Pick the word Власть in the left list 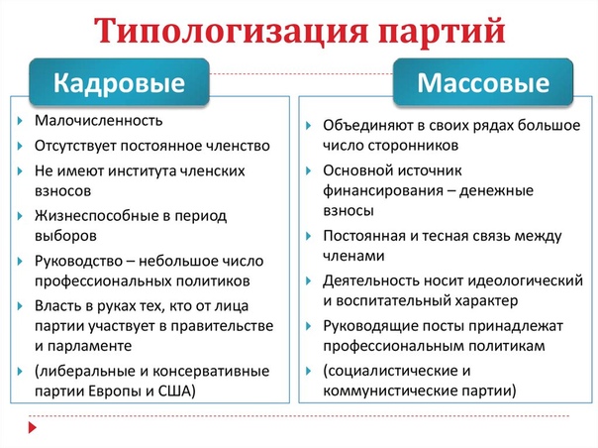56,308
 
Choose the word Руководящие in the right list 370,324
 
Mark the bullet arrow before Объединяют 311,128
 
